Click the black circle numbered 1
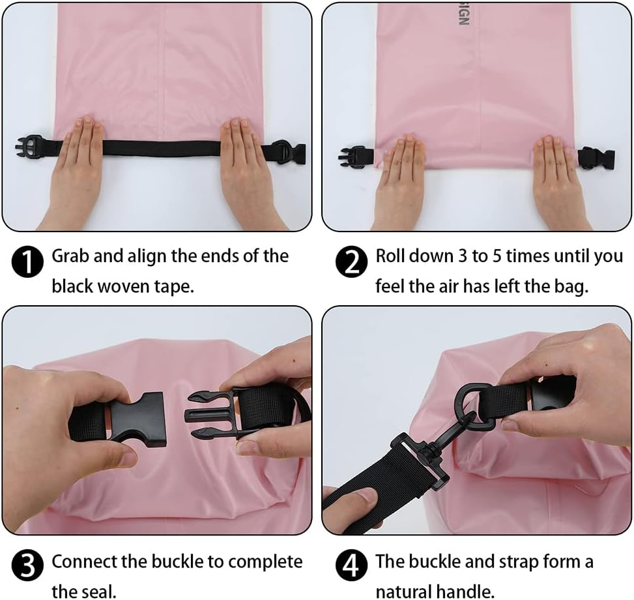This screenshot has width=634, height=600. click(28, 263)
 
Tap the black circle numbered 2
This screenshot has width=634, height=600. click(352, 263)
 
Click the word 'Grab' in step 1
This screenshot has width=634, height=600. click(70, 256)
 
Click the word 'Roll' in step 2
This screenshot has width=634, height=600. click(390, 256)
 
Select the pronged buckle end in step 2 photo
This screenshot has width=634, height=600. click(352, 157)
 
